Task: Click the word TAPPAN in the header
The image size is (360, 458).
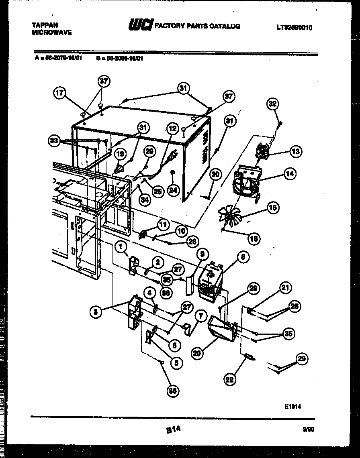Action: (x=45, y=25)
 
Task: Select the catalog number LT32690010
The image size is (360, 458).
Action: (x=294, y=28)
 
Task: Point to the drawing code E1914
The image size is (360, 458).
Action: (x=292, y=406)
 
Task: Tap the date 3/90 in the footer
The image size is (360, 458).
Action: (x=308, y=429)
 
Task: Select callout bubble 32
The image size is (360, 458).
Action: (x=273, y=104)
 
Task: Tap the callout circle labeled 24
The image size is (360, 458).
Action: (x=173, y=191)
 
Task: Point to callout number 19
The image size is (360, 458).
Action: (x=120, y=153)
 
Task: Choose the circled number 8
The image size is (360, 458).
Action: (x=243, y=258)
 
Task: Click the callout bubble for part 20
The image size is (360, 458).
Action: (x=196, y=353)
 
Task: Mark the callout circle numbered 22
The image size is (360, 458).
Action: (x=230, y=379)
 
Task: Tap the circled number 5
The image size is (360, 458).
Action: (x=176, y=362)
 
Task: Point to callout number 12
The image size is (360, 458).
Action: (x=172, y=128)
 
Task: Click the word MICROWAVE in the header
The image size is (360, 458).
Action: (x=51, y=33)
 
